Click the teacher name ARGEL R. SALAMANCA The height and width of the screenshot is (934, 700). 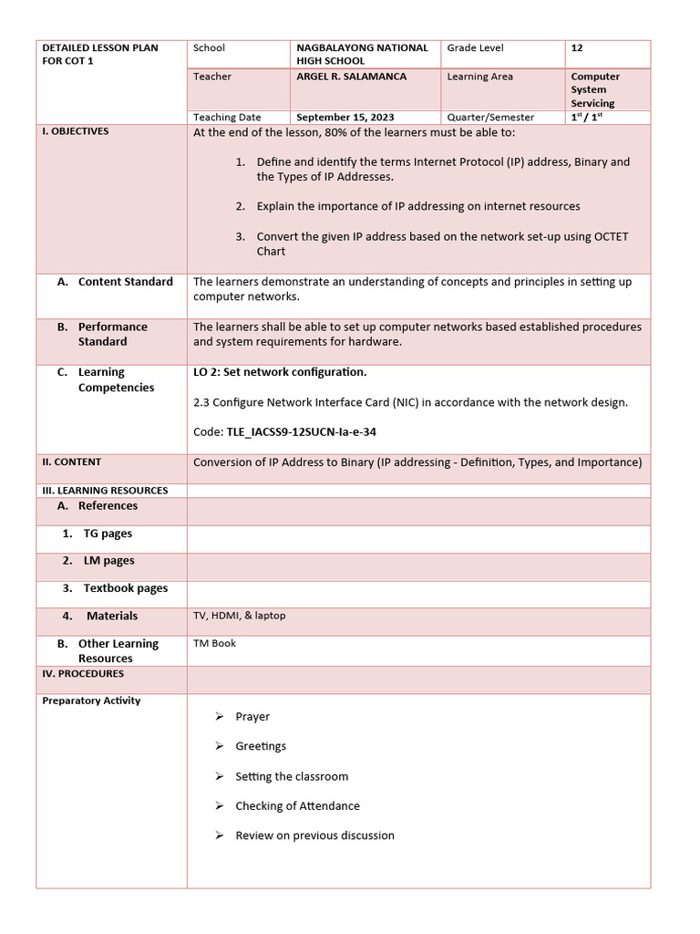351,77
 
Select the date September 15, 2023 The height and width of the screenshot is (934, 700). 345,117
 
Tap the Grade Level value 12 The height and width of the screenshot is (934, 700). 577,47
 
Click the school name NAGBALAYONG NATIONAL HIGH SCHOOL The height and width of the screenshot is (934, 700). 362,54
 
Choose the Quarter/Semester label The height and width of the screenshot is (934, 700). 490,117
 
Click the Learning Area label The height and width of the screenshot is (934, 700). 480,77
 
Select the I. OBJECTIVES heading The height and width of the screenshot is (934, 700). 76,131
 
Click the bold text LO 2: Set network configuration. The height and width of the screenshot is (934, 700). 280,372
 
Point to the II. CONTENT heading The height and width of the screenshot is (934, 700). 72,462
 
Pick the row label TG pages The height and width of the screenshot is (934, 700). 108,534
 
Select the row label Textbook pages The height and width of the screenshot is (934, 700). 126,588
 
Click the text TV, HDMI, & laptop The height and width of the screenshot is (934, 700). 239,616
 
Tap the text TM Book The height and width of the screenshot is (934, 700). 214,643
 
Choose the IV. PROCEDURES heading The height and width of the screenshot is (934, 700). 83,673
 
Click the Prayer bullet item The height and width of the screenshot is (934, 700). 252,717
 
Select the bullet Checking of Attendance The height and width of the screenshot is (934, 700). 297,806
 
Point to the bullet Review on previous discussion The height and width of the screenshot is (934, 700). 314,835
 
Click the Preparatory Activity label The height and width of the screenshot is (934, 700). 91,700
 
